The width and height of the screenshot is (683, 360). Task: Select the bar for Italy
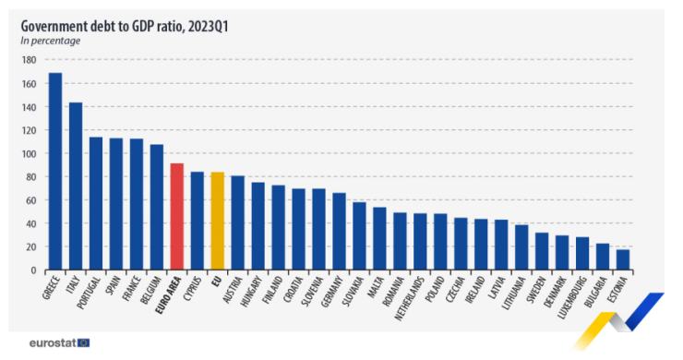tap(76, 186)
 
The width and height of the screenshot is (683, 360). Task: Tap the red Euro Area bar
tap(177, 216)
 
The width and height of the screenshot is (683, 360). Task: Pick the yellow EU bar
tap(218, 221)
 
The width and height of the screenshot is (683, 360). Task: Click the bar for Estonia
tap(624, 260)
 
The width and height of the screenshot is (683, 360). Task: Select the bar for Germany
tap(340, 231)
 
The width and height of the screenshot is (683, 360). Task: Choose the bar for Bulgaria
tap(604, 257)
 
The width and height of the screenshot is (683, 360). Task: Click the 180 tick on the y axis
tap(29, 60)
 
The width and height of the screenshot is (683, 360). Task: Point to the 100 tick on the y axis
tap(29, 153)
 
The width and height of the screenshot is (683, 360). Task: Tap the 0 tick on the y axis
tap(32, 270)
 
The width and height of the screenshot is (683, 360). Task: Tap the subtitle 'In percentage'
tap(51, 41)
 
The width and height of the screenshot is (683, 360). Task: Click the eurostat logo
tap(57, 342)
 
